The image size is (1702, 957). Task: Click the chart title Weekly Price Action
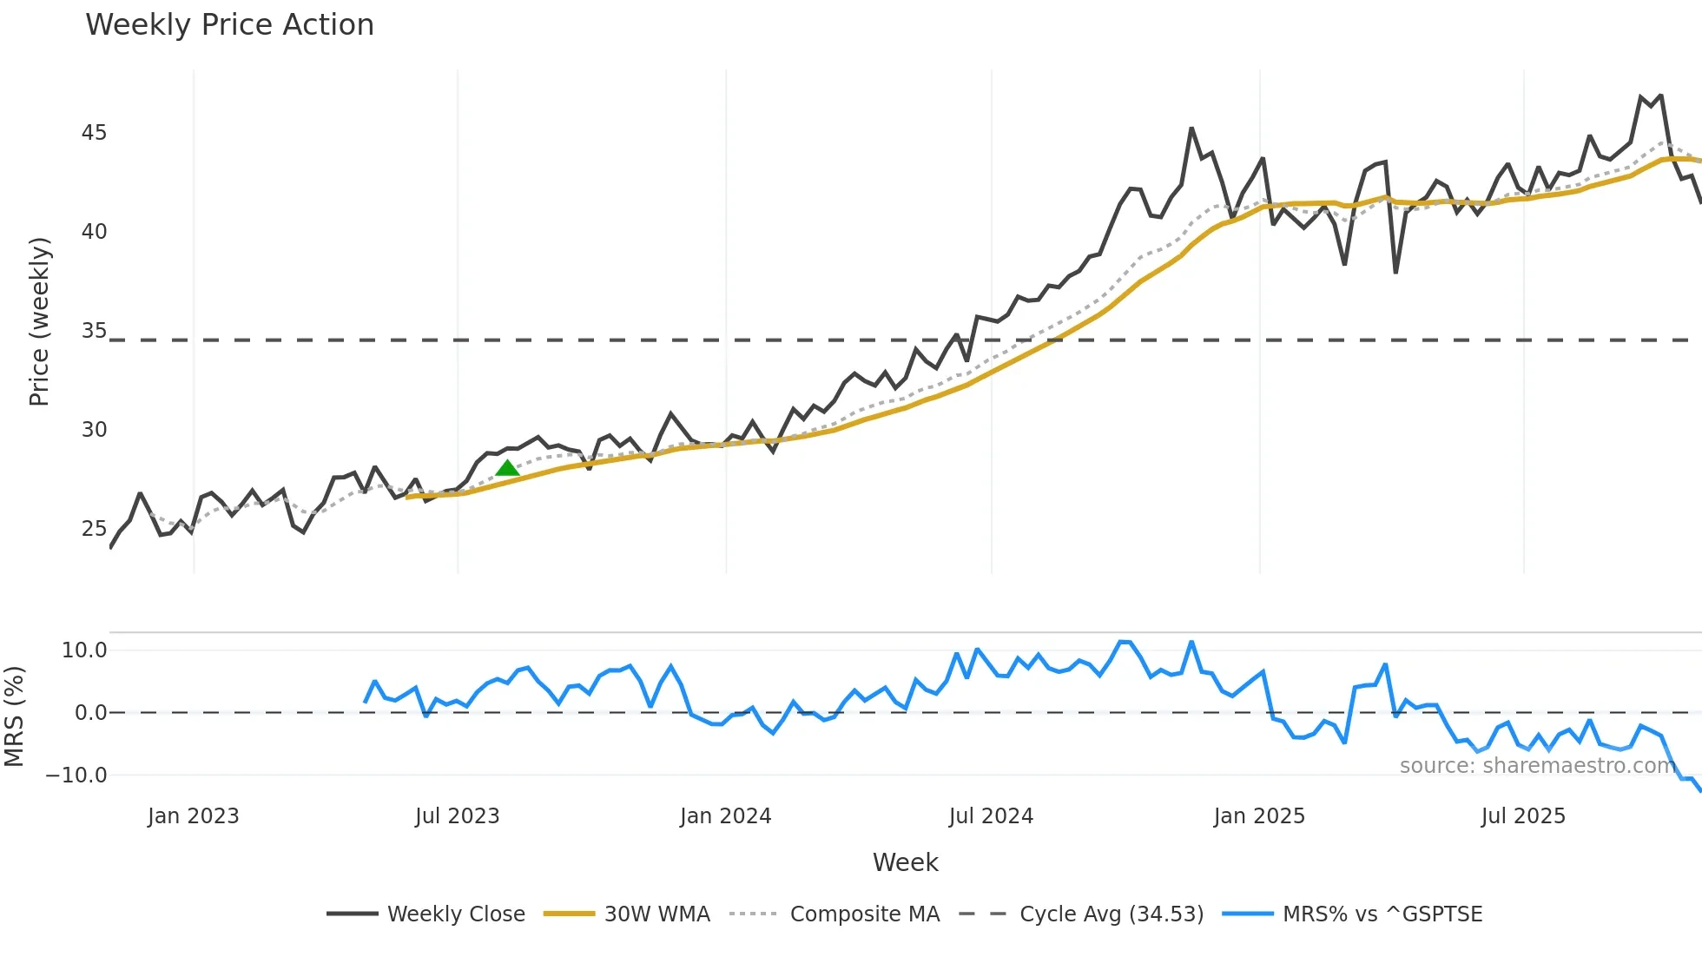pyautogui.click(x=229, y=25)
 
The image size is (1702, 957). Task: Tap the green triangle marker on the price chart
pyautogui.click(x=507, y=468)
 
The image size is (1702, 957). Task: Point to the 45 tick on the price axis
pyautogui.click(x=94, y=133)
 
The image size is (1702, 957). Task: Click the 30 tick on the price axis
pyautogui.click(x=94, y=430)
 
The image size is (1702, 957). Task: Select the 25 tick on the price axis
pyautogui.click(x=94, y=529)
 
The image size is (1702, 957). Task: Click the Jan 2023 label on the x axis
pyautogui.click(x=193, y=816)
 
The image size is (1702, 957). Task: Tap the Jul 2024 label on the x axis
pyautogui.click(x=991, y=816)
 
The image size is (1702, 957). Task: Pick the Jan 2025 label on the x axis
pyautogui.click(x=1259, y=816)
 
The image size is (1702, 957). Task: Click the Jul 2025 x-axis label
pyautogui.click(x=1523, y=816)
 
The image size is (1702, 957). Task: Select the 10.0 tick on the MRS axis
pyautogui.click(x=84, y=650)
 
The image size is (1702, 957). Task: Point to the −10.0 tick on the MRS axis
pyautogui.click(x=76, y=775)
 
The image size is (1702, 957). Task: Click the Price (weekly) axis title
pyautogui.click(x=39, y=321)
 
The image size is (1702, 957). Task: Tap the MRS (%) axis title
pyautogui.click(x=14, y=716)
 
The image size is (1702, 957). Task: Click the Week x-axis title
pyautogui.click(x=905, y=862)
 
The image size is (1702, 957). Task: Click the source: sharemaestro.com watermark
pyautogui.click(x=1537, y=766)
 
